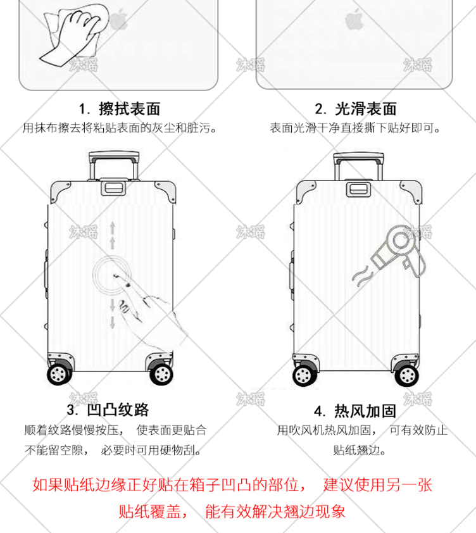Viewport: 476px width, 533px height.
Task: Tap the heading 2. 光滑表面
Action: tap(356, 109)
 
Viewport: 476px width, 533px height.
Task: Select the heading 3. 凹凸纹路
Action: tap(108, 410)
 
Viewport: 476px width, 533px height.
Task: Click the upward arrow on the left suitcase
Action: tap(113, 234)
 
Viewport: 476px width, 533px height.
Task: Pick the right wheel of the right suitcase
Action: tap(405, 375)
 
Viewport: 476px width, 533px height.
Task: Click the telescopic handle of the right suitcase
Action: tap(358, 163)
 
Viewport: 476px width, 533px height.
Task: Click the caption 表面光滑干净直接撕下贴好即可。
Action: tap(355, 128)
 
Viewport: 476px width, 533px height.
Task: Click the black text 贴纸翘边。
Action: tap(359, 451)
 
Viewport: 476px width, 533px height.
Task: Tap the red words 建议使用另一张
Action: tap(378, 486)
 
